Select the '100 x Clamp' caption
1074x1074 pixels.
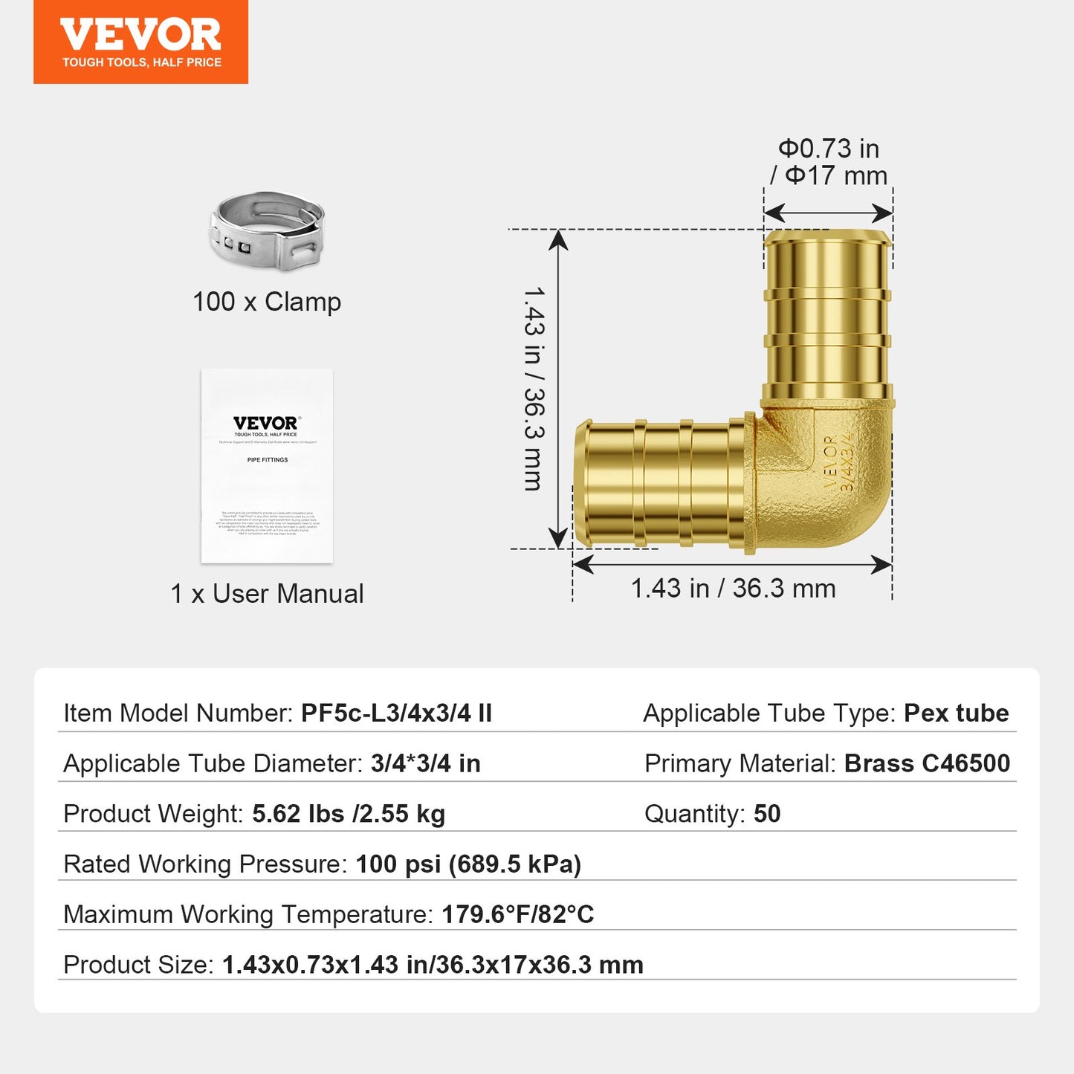point(267,302)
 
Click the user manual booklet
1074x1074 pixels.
point(267,466)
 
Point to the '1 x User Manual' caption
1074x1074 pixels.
point(267,594)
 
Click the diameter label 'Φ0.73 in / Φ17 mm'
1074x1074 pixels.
point(829,162)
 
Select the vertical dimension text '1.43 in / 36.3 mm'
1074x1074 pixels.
point(534,389)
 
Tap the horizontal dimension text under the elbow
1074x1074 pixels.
point(733,589)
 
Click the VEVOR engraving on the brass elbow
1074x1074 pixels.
point(831,462)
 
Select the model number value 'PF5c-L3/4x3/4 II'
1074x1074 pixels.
point(396,714)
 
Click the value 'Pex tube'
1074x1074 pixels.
point(956,714)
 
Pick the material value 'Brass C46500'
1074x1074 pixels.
point(927,763)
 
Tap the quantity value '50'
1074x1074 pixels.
point(767,814)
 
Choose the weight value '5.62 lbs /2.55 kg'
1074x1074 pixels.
point(349,814)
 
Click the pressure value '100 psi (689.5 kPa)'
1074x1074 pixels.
point(468,864)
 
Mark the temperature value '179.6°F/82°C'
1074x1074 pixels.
point(518,914)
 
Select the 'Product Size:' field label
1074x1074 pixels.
point(138,965)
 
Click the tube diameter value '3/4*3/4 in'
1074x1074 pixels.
point(426,763)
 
